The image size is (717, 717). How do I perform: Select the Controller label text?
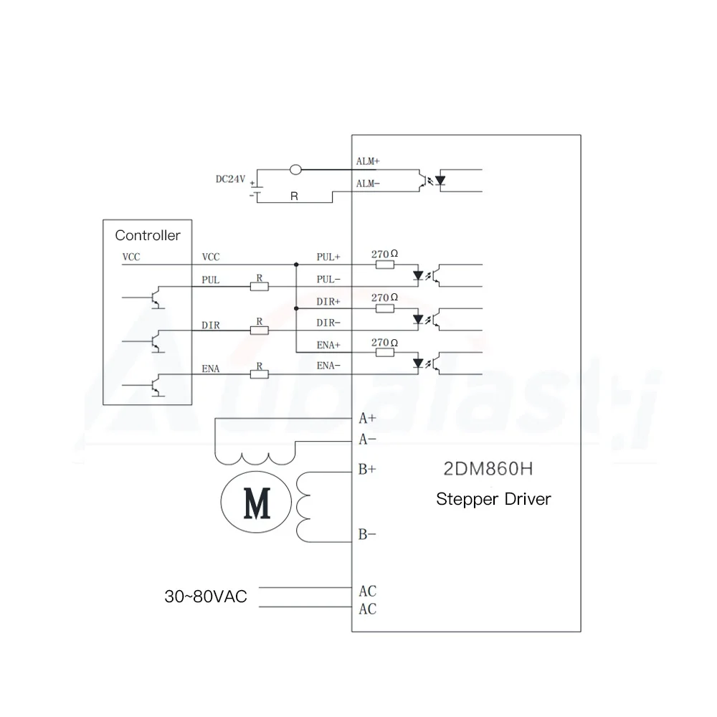[x=148, y=235]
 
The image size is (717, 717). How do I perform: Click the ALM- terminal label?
[x=368, y=184]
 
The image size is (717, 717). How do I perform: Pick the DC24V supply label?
[x=230, y=179]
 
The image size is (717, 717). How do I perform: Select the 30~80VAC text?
[x=205, y=597]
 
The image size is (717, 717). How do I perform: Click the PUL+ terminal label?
[x=329, y=256]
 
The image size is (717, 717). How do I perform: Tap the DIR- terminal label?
[x=329, y=323]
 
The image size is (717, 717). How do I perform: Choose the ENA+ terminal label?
[x=329, y=345]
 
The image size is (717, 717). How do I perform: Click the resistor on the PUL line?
[x=259, y=287]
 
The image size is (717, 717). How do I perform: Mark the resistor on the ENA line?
[x=259, y=374]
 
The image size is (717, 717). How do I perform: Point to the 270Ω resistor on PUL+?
[x=385, y=265]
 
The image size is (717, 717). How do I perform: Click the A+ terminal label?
[x=368, y=417]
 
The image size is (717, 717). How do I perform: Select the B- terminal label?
[x=368, y=535]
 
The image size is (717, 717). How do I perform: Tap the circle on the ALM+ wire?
[x=295, y=170]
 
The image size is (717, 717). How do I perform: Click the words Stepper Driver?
[x=493, y=499]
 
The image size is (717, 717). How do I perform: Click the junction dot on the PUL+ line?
[x=296, y=265]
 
